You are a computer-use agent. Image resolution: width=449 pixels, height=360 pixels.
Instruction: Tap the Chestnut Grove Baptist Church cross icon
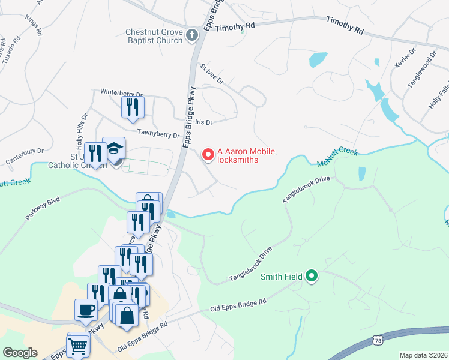(193, 35)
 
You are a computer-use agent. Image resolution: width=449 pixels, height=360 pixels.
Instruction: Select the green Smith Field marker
(311, 276)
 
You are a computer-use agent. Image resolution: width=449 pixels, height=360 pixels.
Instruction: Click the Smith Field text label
(282, 277)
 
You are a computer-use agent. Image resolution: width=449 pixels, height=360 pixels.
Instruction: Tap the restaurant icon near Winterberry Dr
(133, 107)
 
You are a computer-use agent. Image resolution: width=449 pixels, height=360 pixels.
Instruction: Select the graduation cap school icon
(113, 148)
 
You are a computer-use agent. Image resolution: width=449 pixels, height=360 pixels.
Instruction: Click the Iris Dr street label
(205, 122)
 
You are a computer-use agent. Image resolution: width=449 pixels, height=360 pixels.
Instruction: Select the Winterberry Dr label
(121, 94)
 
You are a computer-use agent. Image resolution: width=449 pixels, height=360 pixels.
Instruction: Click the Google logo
(20, 353)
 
